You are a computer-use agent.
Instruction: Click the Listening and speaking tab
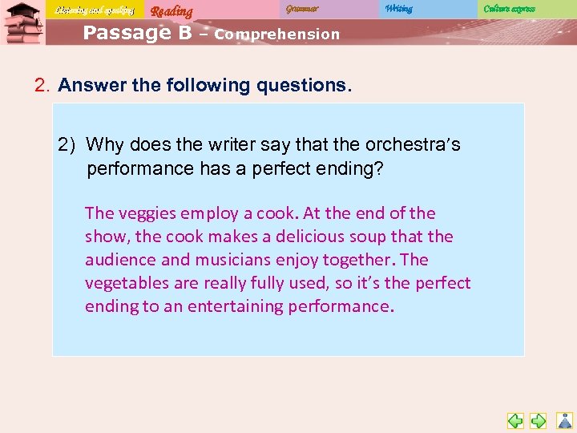94,10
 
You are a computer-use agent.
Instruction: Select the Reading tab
171,10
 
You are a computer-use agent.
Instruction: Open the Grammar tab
302,9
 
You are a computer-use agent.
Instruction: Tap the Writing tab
398,9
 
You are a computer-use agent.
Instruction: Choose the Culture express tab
509,9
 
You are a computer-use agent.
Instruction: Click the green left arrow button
515,420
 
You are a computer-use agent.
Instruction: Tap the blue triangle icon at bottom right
565,420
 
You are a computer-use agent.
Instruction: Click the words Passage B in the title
137,33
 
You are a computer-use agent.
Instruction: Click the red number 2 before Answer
42,86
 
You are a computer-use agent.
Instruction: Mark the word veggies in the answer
146,213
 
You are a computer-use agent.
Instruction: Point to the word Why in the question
104,145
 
